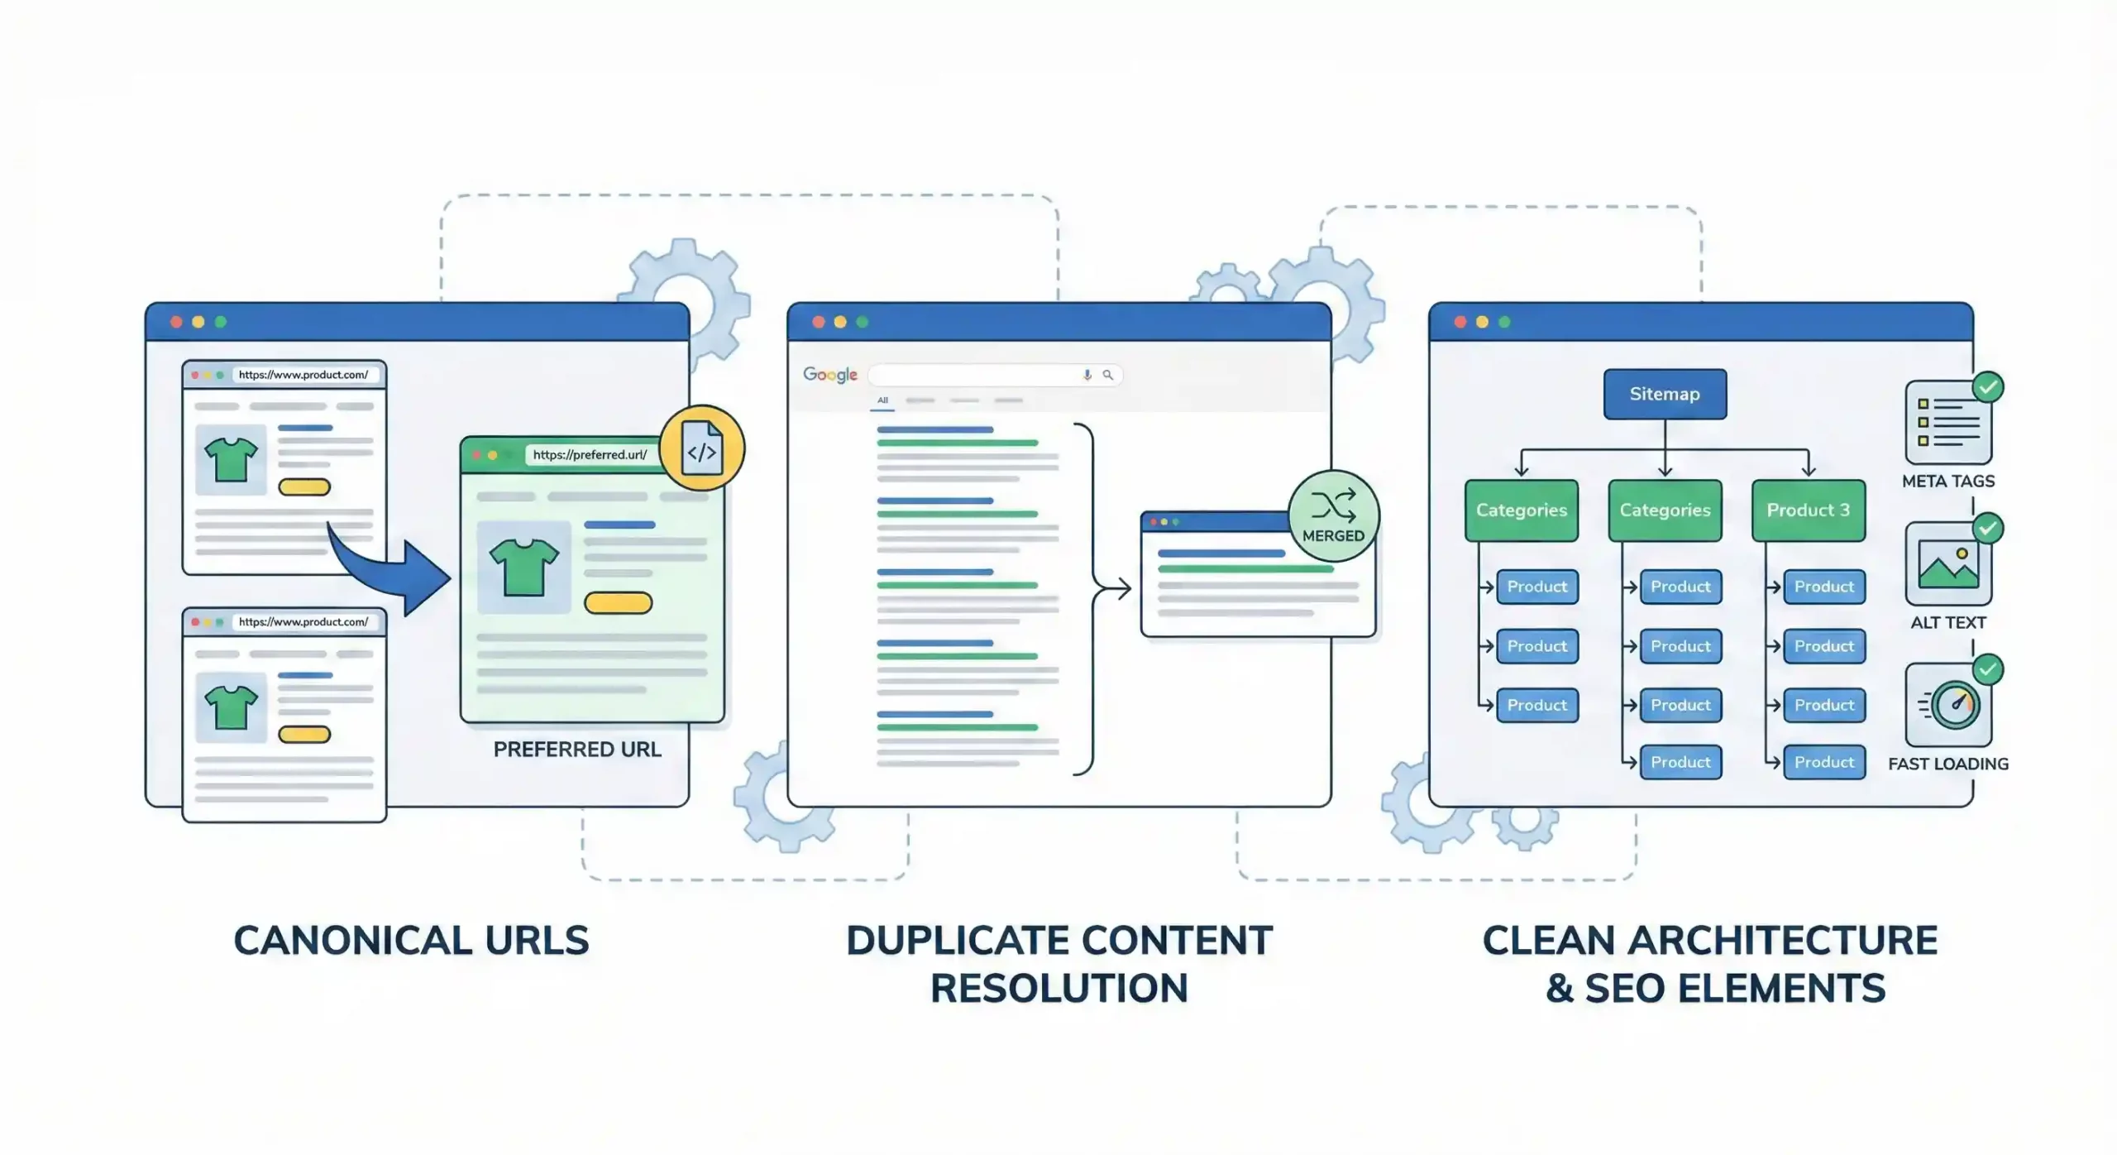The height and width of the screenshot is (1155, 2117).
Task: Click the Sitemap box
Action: (1665, 394)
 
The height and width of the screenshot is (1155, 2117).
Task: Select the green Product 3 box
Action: (1808, 510)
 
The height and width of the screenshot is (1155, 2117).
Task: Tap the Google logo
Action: (830, 375)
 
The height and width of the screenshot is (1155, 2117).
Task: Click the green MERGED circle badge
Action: (1333, 516)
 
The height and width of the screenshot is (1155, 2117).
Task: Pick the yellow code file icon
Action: (702, 448)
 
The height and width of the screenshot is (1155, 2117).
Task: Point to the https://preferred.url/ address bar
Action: (590, 455)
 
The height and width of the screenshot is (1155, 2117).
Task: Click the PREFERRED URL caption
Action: (577, 750)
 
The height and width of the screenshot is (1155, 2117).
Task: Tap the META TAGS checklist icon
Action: (1947, 422)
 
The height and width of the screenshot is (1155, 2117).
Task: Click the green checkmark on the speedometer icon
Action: (1988, 669)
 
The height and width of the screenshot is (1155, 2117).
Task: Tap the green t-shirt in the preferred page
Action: (524, 567)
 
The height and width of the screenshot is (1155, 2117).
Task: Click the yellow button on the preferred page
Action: (618, 603)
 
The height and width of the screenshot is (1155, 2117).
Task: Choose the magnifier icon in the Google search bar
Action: (1108, 376)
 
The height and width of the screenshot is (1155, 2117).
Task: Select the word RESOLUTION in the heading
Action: (1059, 988)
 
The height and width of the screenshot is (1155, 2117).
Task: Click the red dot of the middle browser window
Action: (818, 322)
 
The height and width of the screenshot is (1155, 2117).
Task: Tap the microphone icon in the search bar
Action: (1087, 376)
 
